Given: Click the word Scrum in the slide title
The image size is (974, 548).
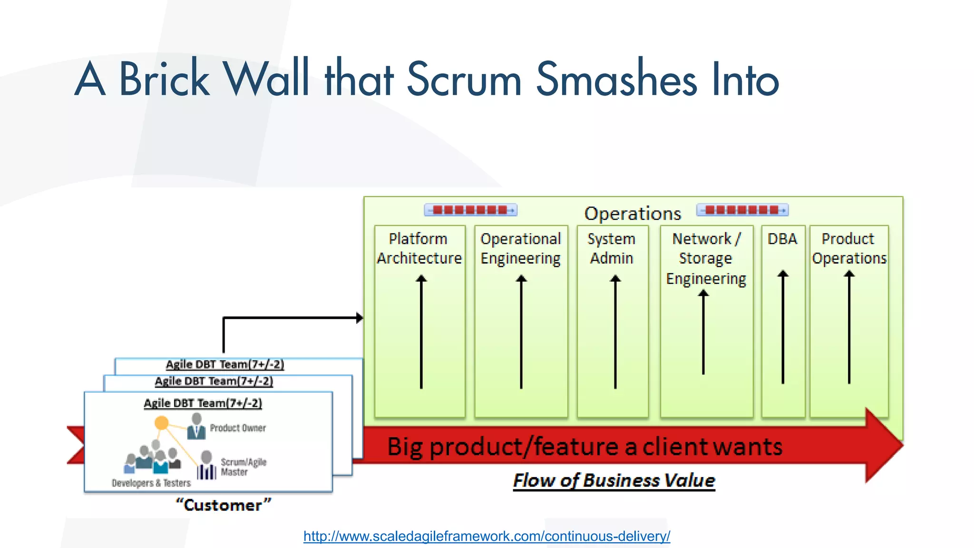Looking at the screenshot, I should tap(464, 79).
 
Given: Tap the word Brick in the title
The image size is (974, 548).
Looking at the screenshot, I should tap(164, 79).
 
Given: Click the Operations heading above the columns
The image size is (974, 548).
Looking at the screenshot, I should tap(633, 214).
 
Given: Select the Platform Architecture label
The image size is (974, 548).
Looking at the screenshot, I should tap(419, 248).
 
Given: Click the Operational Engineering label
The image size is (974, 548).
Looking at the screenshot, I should tap(521, 248).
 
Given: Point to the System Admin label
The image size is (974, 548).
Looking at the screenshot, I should tap(612, 248).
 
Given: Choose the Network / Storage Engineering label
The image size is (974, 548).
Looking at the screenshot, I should tap(706, 258).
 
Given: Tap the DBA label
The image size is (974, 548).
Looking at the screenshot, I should tap(782, 238).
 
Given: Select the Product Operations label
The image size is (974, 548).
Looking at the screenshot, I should tap(849, 248).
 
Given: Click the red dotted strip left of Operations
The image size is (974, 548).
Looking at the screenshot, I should tap(470, 210).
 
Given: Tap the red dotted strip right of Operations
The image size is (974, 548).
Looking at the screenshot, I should tap(742, 210).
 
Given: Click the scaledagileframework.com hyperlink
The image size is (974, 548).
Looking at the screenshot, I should tap(487, 536).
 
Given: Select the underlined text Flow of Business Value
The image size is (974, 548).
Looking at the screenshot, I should tap(614, 480).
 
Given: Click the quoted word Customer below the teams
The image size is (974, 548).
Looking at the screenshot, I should tap(223, 505).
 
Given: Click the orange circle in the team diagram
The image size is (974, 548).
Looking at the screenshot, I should tap(162, 422).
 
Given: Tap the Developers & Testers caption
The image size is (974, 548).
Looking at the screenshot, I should tap(151, 483).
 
